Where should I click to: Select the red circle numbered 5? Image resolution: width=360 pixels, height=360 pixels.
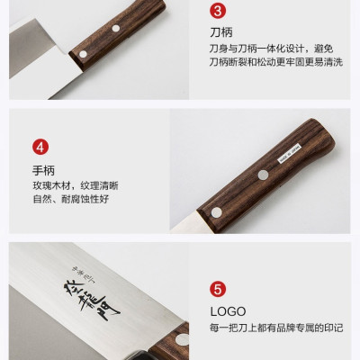tap(217, 290)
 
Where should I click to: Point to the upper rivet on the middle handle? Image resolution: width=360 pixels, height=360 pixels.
tap(262, 174)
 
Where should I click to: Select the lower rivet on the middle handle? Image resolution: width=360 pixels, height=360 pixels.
tap(216, 212)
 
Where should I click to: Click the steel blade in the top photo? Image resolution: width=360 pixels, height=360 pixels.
tap(31, 63)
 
